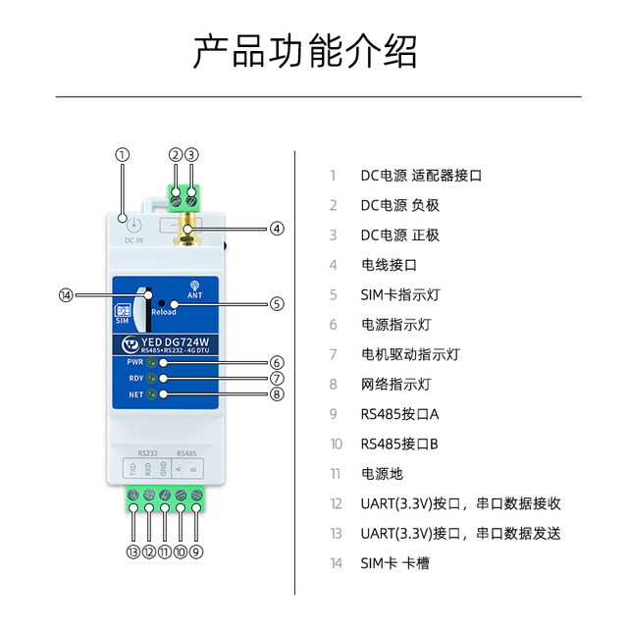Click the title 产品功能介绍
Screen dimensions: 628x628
pos(305,52)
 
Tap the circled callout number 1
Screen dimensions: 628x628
pos(123,154)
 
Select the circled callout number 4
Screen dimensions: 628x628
pos(277,229)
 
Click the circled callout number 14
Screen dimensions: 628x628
pos(67,294)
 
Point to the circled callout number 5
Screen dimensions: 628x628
pos(277,304)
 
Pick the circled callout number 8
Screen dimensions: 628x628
pos(277,396)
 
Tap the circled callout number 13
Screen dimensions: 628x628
pos(132,551)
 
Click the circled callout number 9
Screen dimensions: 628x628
pos(197,551)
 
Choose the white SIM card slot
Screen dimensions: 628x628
pos(143,312)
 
